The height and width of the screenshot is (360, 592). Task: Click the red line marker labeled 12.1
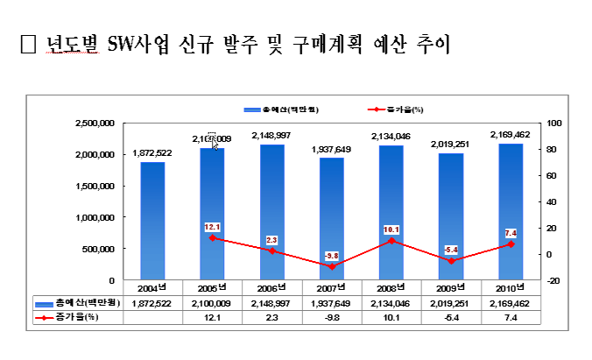[212, 238]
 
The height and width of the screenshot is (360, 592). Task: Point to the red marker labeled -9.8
[331, 266]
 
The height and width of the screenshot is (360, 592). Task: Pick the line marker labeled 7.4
[510, 244]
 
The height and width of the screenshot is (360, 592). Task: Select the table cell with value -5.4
[450, 316]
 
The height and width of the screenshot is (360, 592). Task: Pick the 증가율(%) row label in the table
[79, 316]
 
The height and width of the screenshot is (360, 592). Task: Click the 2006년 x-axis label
[271, 287]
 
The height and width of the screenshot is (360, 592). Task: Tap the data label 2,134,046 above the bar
[391, 137]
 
